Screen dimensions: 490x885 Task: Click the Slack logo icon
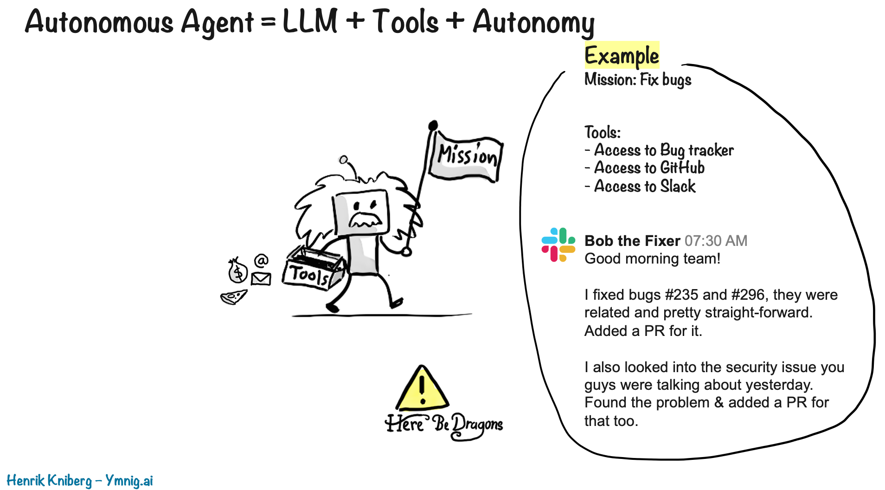pyautogui.click(x=558, y=245)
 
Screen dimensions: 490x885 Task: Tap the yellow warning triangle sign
pyautogui.click(x=422, y=390)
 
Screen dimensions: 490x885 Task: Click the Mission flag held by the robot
pyautogui.click(x=466, y=157)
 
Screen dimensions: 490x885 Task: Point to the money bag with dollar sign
pyautogui.click(x=237, y=271)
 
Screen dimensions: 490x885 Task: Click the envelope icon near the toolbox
pyautogui.click(x=261, y=278)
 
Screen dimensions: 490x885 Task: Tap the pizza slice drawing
pyautogui.click(x=233, y=297)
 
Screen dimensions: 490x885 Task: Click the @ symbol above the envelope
pyautogui.click(x=262, y=260)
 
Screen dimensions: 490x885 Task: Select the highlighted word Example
pyautogui.click(x=622, y=56)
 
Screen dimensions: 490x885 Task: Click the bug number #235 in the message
pyautogui.click(x=681, y=295)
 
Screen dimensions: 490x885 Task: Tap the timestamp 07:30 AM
pyautogui.click(x=716, y=241)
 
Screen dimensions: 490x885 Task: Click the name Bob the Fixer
pyautogui.click(x=632, y=241)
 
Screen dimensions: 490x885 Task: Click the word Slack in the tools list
pyautogui.click(x=678, y=186)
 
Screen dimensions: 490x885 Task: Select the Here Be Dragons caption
pyautogui.click(x=444, y=424)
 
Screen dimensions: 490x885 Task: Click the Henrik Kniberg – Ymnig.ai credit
pyautogui.click(x=80, y=480)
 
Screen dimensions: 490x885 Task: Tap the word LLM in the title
pyautogui.click(x=310, y=21)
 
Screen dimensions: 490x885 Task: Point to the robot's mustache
pyautogui.click(x=365, y=219)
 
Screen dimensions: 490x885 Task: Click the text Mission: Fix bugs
pyautogui.click(x=638, y=80)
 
